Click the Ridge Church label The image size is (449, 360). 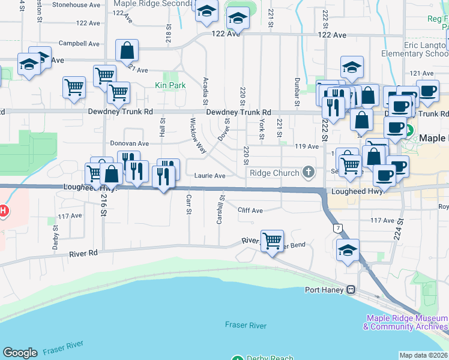pyautogui.click(x=274, y=173)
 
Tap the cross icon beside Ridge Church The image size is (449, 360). pyautogui.click(x=309, y=173)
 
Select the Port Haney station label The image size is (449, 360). pyautogui.click(x=324, y=290)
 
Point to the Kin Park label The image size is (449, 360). pyautogui.click(x=170, y=86)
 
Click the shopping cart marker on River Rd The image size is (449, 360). pyautogui.click(x=272, y=241)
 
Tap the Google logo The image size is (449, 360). pyautogui.click(x=20, y=353)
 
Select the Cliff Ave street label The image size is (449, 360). pyautogui.click(x=250, y=211)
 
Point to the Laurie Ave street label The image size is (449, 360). pyautogui.click(x=209, y=176)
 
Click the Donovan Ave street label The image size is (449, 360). pyautogui.click(x=129, y=144)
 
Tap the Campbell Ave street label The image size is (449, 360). pyautogui.click(x=79, y=44)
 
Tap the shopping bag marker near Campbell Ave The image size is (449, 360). pyautogui.click(x=127, y=50)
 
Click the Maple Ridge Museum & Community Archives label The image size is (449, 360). pyautogui.click(x=406, y=323)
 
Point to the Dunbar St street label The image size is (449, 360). pyautogui.click(x=297, y=88)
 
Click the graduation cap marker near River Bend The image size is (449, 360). pyautogui.click(x=348, y=251)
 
